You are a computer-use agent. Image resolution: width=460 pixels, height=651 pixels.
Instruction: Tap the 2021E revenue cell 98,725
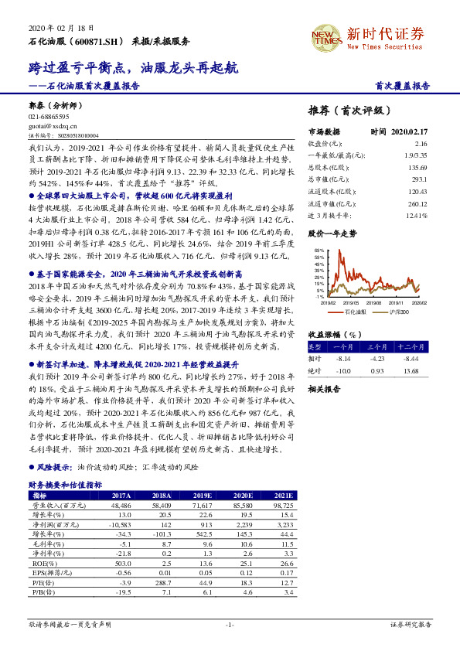coord(279,504)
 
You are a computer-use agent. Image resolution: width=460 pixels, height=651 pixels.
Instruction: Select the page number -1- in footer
coord(230,624)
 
